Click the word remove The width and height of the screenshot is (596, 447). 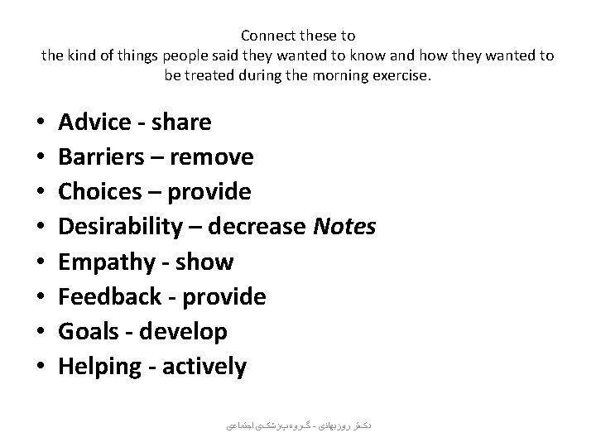(214, 157)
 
